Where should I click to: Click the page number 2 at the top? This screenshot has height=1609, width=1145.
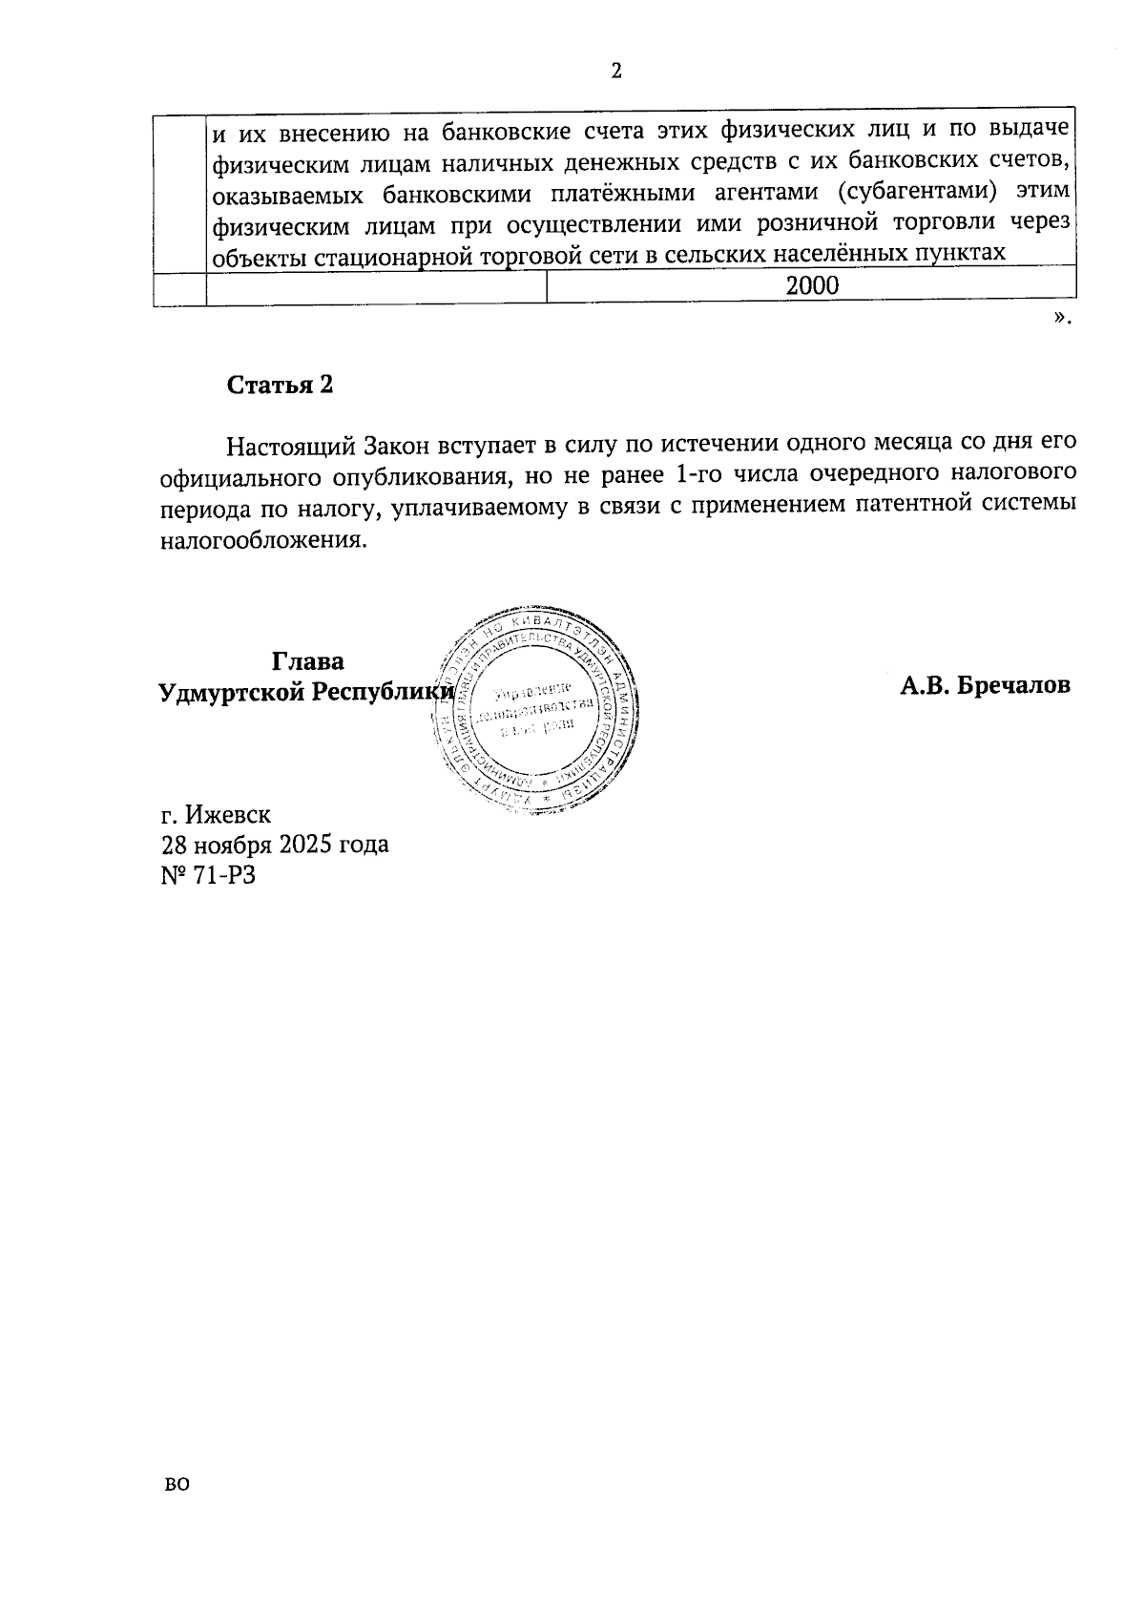pyautogui.click(x=615, y=72)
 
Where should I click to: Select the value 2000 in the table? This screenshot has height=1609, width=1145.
pyautogui.click(x=811, y=285)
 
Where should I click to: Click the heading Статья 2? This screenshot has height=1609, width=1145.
pyautogui.click(x=280, y=385)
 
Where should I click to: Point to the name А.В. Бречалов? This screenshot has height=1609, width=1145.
pyautogui.click(x=985, y=684)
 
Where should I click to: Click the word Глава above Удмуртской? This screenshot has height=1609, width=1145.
pyautogui.click(x=308, y=661)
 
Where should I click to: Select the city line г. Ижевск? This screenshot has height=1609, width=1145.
pyautogui.click(x=216, y=815)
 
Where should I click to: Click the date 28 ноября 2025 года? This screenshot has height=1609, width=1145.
pyautogui.click(x=275, y=845)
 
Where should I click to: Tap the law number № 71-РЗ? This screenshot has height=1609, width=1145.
pyautogui.click(x=209, y=874)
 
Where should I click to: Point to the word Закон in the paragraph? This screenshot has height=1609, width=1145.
pyautogui.click(x=397, y=446)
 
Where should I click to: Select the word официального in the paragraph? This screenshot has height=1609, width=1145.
pyautogui.click(x=239, y=475)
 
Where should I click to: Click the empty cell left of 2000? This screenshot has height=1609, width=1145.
pyautogui.click(x=376, y=286)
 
